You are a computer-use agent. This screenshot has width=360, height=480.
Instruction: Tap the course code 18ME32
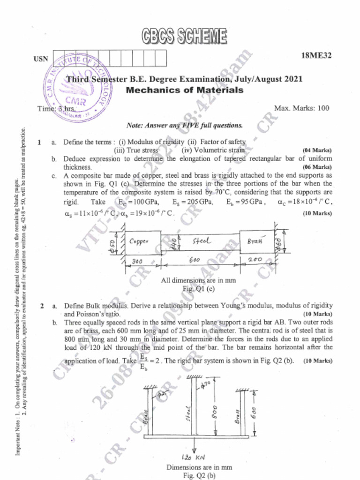pyautogui.click(x=316, y=56)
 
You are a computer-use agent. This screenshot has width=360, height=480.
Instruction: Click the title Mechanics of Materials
pyautogui.click(x=185, y=90)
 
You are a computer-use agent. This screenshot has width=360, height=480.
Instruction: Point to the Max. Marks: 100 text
pyautogui.click(x=301, y=108)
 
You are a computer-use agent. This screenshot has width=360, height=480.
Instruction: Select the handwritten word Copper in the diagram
pyautogui.click(x=139, y=241)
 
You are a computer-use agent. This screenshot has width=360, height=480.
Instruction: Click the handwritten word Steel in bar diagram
pyautogui.click(x=202, y=241)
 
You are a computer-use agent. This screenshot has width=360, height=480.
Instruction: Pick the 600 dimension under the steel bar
pyautogui.click(x=194, y=260)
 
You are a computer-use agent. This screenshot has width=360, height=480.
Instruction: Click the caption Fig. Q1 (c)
pyautogui.click(x=198, y=289)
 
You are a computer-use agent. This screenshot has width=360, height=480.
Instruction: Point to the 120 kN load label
pyautogui.click(x=193, y=457)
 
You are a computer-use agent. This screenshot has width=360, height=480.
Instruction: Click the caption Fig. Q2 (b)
pyautogui.click(x=199, y=475)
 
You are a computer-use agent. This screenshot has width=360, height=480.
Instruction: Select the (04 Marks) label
pyautogui.click(x=317, y=150)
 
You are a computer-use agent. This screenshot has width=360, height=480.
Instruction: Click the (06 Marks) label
pyautogui.click(x=317, y=167)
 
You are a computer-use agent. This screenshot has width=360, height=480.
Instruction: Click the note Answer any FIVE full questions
pyautogui.click(x=185, y=126)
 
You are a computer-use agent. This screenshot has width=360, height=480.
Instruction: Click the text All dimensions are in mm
pyautogui.click(x=198, y=281)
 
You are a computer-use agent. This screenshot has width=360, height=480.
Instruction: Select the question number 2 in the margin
pyautogui.click(x=42, y=306)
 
